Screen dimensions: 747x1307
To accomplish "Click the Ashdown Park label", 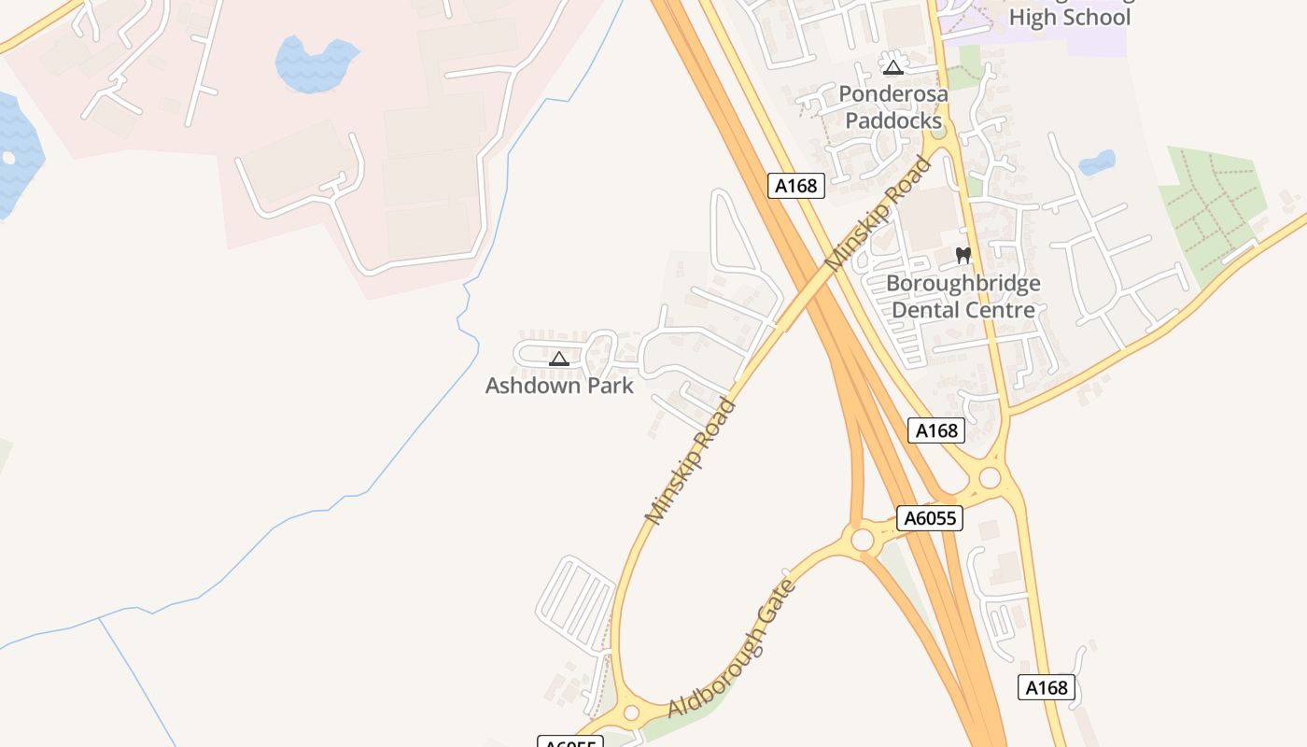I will coord(559,385).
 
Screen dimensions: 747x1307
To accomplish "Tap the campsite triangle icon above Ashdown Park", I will coord(559,359).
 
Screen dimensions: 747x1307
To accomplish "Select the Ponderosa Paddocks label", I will coord(893,107).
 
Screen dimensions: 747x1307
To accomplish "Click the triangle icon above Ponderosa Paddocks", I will coord(893,67).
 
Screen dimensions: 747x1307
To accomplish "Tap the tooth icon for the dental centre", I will coord(963,255).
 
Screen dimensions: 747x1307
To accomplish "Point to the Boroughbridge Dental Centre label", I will coord(963,296).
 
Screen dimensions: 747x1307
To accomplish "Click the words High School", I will coord(1069,17).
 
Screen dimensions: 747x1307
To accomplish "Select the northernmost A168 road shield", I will coord(796,186).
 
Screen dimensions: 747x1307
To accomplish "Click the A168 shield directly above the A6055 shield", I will coord(936,430).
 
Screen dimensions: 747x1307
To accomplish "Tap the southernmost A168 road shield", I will coord(1046,688).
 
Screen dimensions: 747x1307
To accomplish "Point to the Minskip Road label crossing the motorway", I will coord(878,214).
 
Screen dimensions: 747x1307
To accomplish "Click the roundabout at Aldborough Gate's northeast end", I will coord(863,540).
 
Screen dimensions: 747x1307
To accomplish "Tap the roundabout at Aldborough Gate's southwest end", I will coord(631,713).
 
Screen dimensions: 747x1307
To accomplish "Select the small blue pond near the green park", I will coord(1097,162).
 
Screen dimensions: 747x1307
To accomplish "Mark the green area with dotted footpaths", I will coord(1212,211).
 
